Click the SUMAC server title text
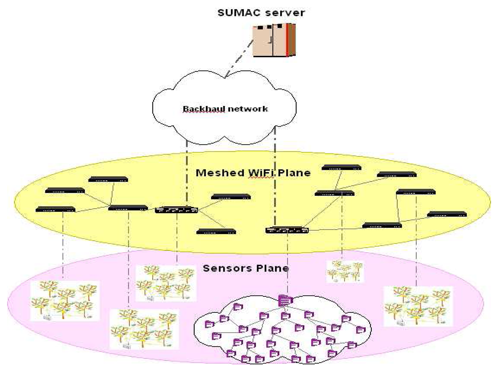[x=261, y=13]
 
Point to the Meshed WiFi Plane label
[x=253, y=173]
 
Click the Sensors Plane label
[x=246, y=268]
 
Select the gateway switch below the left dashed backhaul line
[x=176, y=210]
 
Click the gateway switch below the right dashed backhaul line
[x=287, y=230]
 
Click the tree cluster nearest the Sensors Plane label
[x=166, y=283]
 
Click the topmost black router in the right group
[x=341, y=168]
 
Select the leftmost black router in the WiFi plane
[x=55, y=209]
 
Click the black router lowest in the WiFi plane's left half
[x=216, y=231]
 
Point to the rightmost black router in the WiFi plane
[x=447, y=214]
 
